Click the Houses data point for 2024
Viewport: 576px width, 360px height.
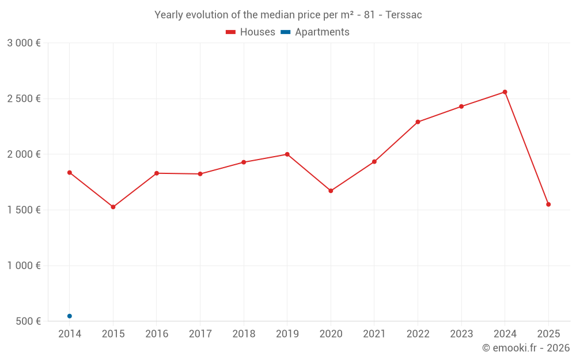(x=505, y=92)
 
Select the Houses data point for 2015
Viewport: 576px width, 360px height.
(x=113, y=207)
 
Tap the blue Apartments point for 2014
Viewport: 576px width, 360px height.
(x=70, y=316)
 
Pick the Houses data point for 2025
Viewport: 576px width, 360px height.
(x=548, y=204)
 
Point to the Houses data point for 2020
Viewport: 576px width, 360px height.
(x=331, y=191)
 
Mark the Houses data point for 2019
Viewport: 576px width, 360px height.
(x=287, y=154)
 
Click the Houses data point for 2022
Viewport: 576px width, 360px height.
(x=418, y=122)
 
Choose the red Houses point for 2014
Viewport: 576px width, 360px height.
(x=70, y=172)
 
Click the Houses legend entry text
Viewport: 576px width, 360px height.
(x=257, y=32)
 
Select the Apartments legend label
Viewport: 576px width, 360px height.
(x=322, y=32)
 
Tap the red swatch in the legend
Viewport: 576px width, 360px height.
(x=230, y=32)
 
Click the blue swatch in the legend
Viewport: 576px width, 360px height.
(x=286, y=32)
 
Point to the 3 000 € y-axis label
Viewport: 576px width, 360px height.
(x=24, y=43)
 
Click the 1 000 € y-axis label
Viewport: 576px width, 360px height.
(x=24, y=266)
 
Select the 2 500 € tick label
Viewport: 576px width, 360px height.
(x=24, y=98)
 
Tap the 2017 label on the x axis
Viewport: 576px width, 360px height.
(x=200, y=334)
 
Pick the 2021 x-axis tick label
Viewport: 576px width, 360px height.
(x=374, y=334)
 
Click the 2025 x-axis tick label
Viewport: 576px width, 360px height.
(x=548, y=334)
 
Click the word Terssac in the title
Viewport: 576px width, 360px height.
(x=404, y=15)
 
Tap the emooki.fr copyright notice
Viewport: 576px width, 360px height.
(x=525, y=348)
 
